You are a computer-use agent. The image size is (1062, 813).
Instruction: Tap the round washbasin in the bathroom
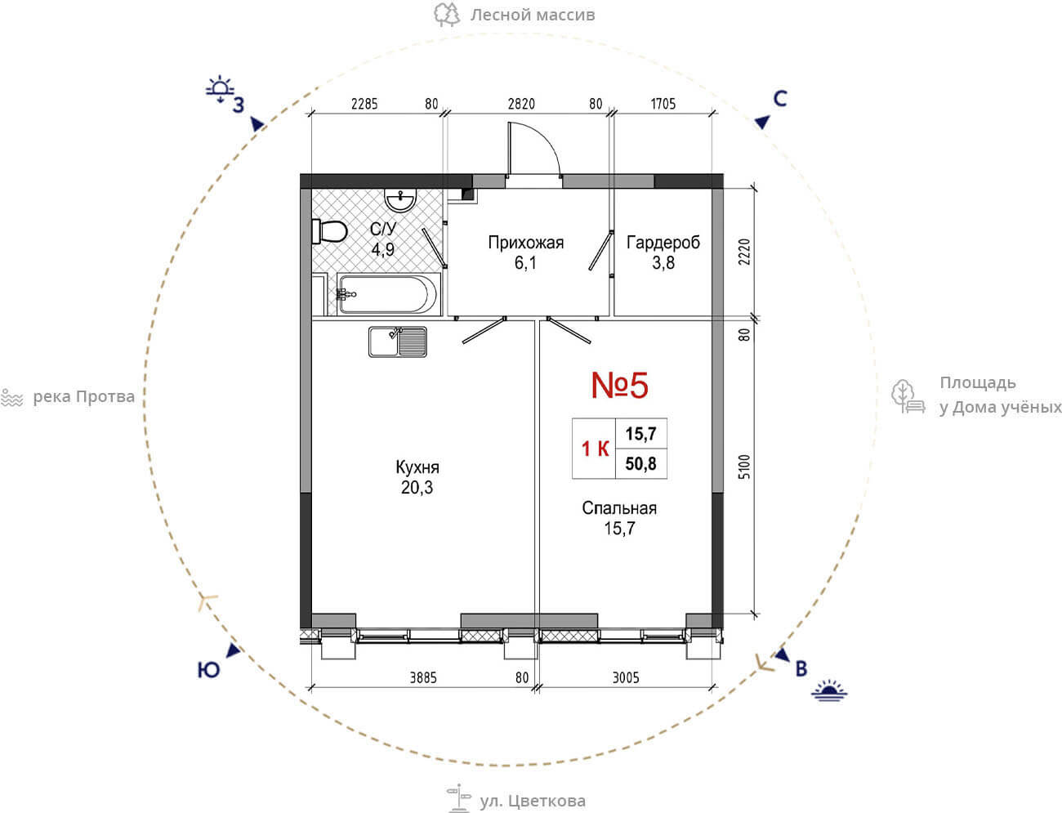pos(400,200)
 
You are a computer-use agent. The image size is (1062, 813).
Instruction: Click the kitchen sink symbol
pos(397,342)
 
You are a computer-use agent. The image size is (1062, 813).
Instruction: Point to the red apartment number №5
pos(620,385)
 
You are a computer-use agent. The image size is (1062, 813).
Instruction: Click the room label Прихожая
pos(526,242)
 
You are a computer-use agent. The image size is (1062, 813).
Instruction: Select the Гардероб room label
pos(663,242)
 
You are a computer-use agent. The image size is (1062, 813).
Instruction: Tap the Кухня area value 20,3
pos(417,487)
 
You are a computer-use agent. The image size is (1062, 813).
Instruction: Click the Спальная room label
pos(619,508)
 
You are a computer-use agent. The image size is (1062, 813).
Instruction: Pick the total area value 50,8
pos(640,463)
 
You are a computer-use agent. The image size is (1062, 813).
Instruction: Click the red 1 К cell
pos(595,449)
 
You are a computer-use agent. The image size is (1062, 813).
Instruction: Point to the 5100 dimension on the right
pos(744,467)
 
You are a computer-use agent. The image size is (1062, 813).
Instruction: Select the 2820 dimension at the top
pos(521,104)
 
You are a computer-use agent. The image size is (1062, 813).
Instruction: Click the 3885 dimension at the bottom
pos(423,677)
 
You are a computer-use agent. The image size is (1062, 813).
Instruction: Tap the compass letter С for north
pos(780,98)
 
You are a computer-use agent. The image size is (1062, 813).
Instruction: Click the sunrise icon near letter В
pos(829,690)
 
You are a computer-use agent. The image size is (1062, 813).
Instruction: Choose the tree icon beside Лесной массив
pos(446,14)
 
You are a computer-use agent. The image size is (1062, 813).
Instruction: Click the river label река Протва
pos(83,397)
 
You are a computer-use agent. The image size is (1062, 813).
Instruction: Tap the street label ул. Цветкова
pos(532,801)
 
